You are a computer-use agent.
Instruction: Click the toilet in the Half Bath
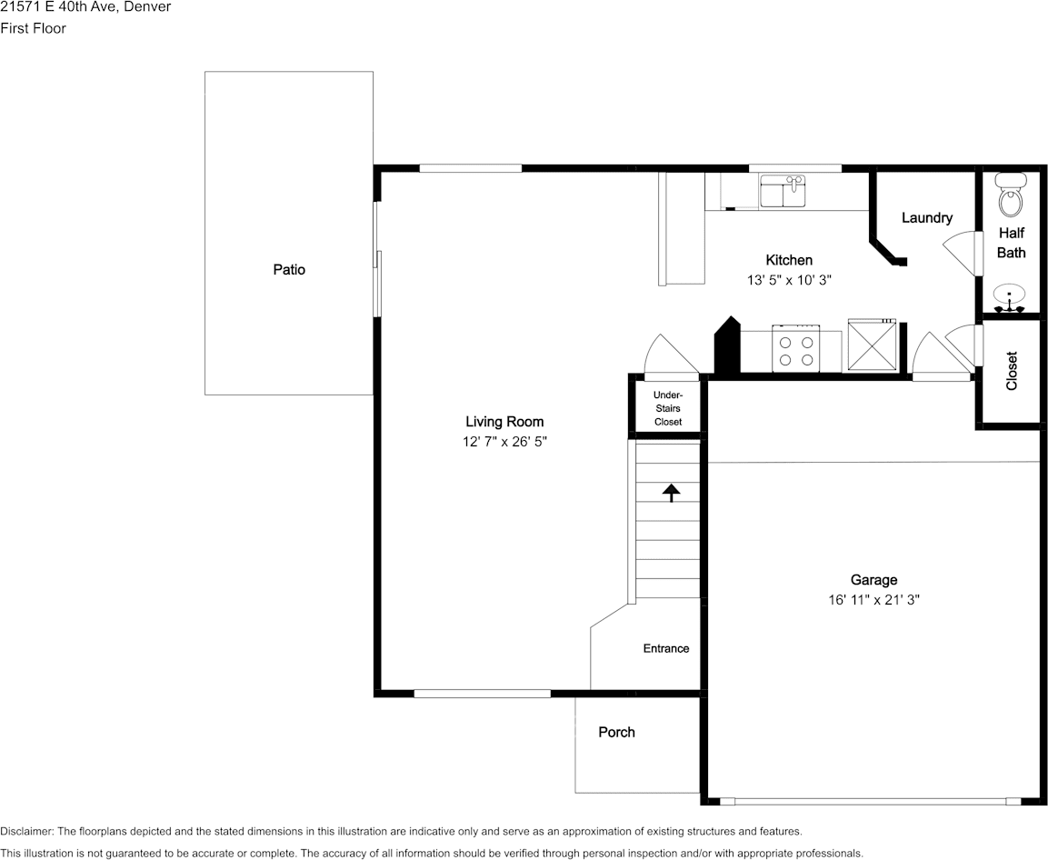click(1010, 195)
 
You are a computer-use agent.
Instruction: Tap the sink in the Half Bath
click(1010, 296)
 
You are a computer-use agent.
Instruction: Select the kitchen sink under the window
click(783, 192)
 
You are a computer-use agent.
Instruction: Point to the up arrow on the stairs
click(671, 493)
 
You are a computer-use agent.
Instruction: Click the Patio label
click(289, 270)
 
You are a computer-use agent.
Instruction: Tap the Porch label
click(616, 733)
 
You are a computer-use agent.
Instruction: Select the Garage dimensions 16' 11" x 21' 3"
click(873, 600)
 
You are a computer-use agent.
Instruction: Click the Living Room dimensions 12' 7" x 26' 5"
click(504, 442)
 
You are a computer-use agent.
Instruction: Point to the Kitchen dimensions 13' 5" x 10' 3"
click(789, 281)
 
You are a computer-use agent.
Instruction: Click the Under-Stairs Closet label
click(668, 408)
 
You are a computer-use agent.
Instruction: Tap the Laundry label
click(926, 218)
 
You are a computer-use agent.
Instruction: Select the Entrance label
click(666, 649)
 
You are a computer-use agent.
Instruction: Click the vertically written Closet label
click(1012, 371)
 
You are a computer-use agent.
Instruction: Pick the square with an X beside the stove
click(872, 345)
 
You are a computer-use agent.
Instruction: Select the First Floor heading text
click(33, 28)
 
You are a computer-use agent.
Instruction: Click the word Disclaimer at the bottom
click(26, 832)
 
